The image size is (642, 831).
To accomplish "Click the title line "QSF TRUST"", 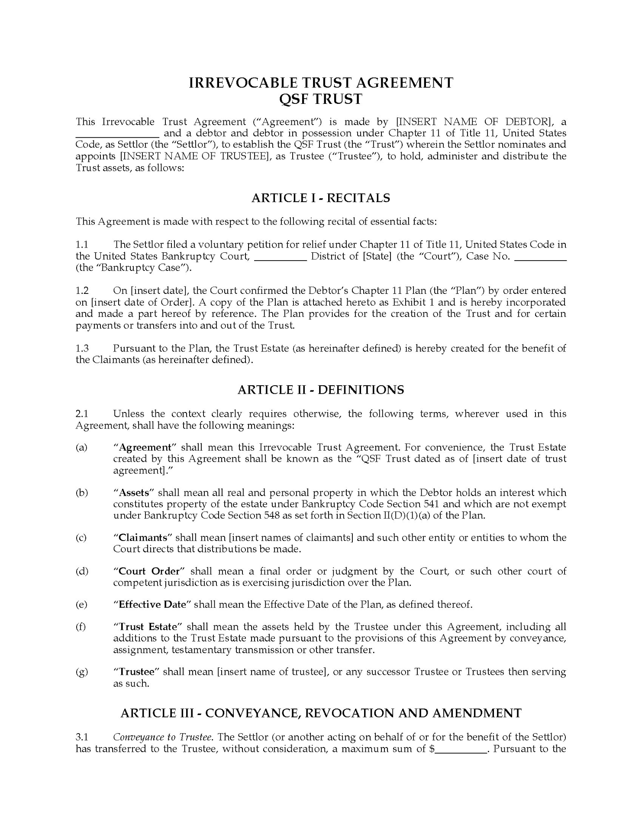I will tap(320, 99).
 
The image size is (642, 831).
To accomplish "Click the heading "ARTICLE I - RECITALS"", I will tap(320, 198).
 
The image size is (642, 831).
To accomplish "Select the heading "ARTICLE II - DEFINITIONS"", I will tap(320, 390).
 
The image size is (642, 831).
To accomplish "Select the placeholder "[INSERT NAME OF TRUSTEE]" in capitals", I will tap(194, 156).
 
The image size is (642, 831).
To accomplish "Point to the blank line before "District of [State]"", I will tap(280, 257).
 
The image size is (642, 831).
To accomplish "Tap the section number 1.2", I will tap(82, 290).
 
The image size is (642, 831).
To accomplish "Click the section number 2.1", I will tap(82, 414).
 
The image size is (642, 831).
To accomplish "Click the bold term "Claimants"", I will tap(143, 538).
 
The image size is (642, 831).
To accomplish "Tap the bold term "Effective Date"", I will tap(152, 605).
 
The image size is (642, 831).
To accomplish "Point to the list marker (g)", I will tap(82, 672).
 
